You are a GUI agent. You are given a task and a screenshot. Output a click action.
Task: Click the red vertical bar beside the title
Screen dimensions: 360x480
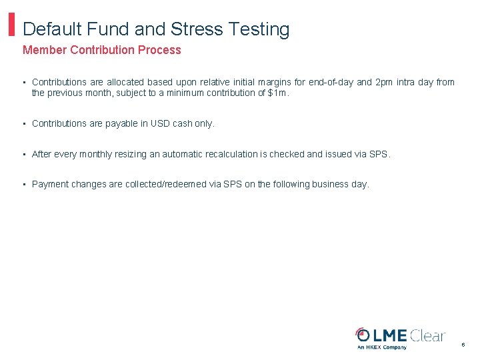click(11, 25)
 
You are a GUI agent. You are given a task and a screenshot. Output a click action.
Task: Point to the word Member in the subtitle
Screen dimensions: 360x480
click(45, 50)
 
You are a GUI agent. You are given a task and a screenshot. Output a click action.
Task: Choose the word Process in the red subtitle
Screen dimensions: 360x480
click(159, 50)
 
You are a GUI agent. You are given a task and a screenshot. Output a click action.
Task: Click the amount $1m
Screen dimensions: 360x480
click(278, 93)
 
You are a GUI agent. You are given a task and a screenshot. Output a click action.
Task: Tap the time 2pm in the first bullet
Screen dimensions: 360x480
click(385, 83)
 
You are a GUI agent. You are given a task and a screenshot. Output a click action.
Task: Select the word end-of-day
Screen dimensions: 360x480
click(331, 83)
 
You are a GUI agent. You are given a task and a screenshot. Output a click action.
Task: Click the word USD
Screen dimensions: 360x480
click(161, 124)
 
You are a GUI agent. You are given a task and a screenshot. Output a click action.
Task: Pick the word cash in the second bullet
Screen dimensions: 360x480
click(182, 124)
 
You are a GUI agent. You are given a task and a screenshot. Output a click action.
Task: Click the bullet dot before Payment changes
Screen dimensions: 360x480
click(24, 185)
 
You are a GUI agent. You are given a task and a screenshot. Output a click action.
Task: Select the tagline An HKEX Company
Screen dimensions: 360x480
click(381, 347)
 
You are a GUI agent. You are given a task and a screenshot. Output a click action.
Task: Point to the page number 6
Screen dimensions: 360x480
click(463, 345)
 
